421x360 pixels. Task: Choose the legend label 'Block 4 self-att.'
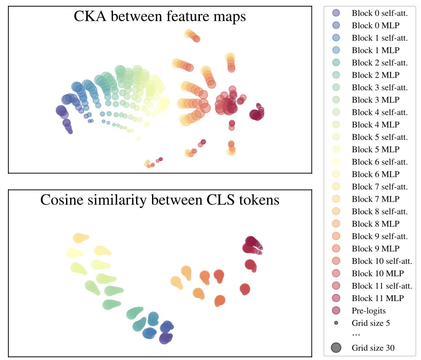(x=379, y=112)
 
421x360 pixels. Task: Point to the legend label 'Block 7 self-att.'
(x=379, y=187)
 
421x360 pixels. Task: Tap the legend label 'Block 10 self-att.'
(x=382, y=261)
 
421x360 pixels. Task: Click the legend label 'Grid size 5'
(x=370, y=323)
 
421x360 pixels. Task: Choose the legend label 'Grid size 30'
(x=373, y=348)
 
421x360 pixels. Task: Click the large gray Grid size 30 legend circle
(x=336, y=348)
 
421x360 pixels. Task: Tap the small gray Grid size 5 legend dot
(x=336, y=323)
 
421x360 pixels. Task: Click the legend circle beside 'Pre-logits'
(x=336, y=311)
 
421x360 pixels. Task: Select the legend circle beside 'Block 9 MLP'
(x=336, y=249)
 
